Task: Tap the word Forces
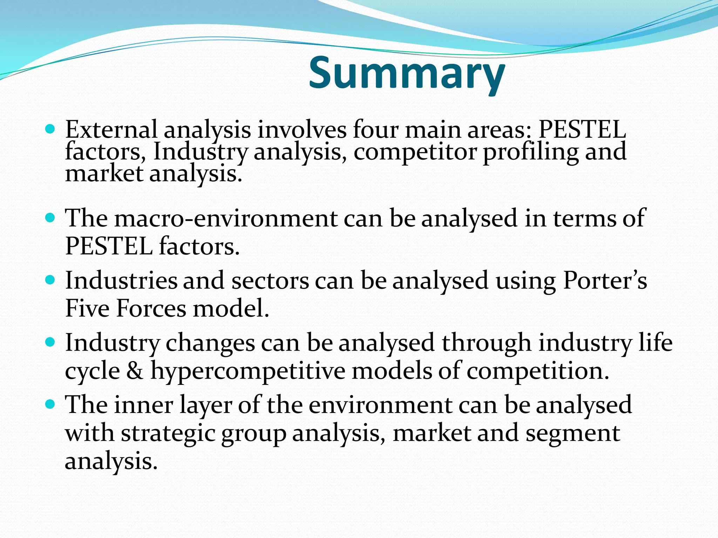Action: [x=151, y=309]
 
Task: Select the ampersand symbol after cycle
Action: [x=135, y=371]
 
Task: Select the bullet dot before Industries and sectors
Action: [x=50, y=281]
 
